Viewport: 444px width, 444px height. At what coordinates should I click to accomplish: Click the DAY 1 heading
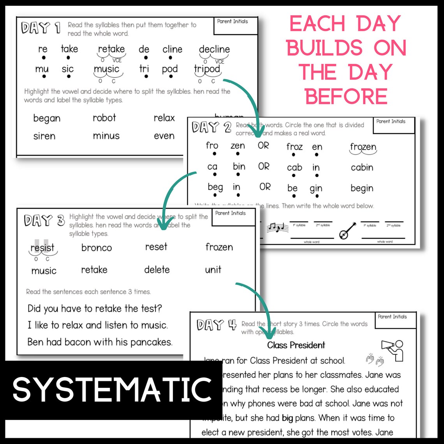click(x=41, y=28)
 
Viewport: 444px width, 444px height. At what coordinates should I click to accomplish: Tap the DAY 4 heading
click(x=216, y=325)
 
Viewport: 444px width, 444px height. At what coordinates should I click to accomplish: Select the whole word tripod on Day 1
click(x=207, y=69)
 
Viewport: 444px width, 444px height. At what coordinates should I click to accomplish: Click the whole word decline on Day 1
click(x=214, y=49)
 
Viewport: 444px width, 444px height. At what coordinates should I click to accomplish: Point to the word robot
click(x=104, y=118)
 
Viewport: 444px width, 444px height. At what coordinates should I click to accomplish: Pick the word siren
click(x=44, y=136)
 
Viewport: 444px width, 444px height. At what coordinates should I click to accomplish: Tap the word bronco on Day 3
click(x=97, y=248)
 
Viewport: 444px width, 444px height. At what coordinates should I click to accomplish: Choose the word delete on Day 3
click(x=157, y=270)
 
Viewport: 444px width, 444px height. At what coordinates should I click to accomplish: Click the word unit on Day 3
click(x=213, y=270)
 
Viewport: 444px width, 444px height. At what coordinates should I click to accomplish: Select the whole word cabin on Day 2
click(x=362, y=167)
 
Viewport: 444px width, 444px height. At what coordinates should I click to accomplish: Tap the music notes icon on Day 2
click(x=277, y=227)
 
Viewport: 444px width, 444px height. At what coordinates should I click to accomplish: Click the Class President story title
click(x=296, y=345)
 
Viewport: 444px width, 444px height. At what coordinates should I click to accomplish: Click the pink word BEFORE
click(x=346, y=96)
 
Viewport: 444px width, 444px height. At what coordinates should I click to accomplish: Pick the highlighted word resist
click(x=42, y=248)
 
